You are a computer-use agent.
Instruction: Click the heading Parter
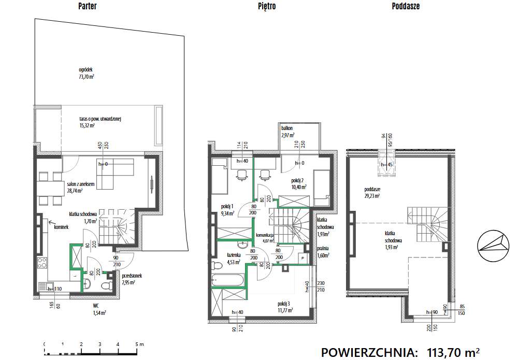(x=87, y=7)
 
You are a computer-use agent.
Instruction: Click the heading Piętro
(x=267, y=7)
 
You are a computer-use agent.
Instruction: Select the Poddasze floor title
(x=406, y=7)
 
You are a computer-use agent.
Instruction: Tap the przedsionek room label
(x=132, y=279)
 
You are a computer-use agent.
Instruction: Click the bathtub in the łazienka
(x=228, y=281)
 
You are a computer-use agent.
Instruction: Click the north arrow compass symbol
(x=491, y=247)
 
